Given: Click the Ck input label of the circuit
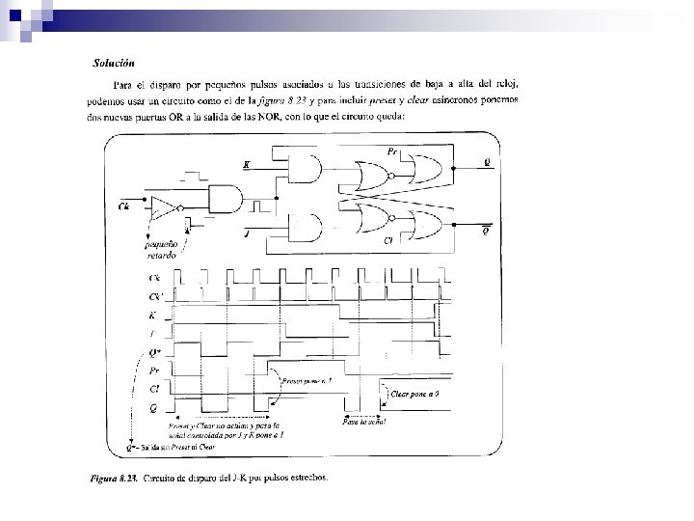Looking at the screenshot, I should [123, 206].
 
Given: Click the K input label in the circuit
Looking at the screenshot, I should [246, 165].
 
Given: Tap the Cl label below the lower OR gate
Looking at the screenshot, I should [387, 240].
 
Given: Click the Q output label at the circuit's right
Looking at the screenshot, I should [488, 163].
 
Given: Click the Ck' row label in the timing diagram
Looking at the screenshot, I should [155, 295].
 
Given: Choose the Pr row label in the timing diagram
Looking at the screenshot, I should [155, 370].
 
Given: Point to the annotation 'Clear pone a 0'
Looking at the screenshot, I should [416, 394].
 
